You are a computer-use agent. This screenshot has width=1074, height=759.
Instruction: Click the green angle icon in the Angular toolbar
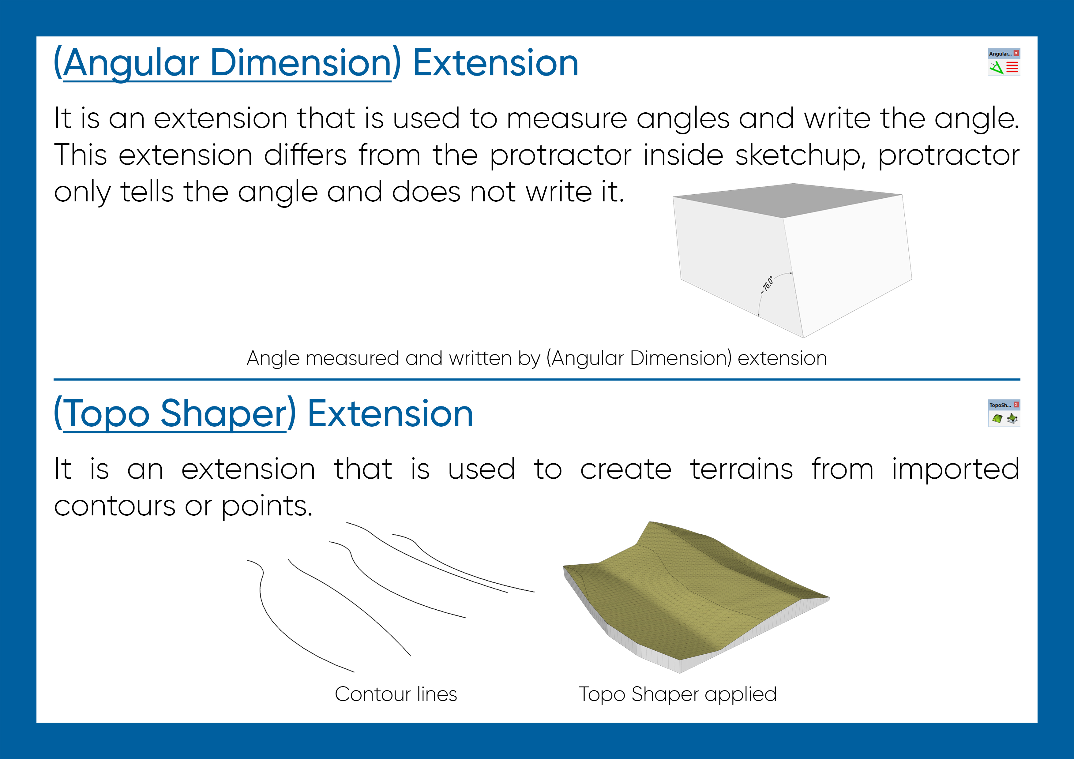point(996,68)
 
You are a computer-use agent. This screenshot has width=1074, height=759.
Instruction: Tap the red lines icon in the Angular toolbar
point(1012,68)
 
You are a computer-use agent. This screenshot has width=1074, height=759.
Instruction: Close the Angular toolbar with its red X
point(1016,53)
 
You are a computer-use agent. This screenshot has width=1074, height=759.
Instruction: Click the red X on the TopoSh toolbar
point(1016,405)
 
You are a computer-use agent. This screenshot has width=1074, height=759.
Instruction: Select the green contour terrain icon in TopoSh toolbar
point(997,419)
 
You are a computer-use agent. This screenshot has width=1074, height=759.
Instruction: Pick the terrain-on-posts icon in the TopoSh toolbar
point(1012,419)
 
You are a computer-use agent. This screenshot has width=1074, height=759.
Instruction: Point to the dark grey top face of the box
point(790,200)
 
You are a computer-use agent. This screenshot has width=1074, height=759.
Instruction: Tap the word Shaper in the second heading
point(223,414)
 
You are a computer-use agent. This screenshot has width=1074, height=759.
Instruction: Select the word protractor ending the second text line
point(948,155)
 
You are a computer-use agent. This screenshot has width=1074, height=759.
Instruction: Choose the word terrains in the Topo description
point(742,469)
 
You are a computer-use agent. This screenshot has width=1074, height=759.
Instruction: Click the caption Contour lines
point(396,694)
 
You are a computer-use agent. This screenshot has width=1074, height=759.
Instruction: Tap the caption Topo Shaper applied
point(677,694)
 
